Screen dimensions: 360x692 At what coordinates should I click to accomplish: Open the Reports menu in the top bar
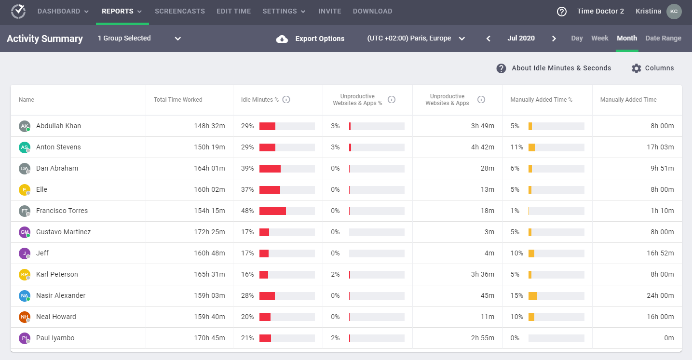tap(122, 11)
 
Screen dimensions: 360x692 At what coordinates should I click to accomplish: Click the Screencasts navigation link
tap(180, 11)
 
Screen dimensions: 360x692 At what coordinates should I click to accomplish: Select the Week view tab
tap(600, 38)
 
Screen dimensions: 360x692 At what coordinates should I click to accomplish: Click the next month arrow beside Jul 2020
tap(554, 39)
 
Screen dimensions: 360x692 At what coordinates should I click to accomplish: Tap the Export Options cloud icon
tap(282, 39)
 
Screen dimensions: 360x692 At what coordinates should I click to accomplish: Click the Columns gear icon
tap(637, 68)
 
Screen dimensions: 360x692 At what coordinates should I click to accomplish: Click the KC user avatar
tap(674, 12)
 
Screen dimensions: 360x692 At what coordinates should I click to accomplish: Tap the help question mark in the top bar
tap(562, 12)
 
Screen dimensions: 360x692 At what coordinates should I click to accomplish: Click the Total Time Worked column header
tap(178, 100)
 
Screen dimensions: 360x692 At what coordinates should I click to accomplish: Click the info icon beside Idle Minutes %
tap(286, 100)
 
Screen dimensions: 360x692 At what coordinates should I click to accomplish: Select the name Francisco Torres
tap(62, 211)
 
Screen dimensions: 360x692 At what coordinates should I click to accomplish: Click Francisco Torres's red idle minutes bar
tap(272, 211)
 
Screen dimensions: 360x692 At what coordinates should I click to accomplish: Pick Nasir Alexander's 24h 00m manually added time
tap(660, 295)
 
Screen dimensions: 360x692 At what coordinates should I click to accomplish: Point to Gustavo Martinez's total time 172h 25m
tap(209, 232)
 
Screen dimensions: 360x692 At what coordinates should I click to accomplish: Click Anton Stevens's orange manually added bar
tap(531, 147)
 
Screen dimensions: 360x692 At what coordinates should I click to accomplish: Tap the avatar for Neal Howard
tap(25, 317)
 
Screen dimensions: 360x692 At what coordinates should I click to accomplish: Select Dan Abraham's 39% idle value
tap(247, 168)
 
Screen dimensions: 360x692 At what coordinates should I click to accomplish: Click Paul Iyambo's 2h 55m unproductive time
tap(483, 338)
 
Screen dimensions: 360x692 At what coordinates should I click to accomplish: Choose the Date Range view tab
tap(663, 38)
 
